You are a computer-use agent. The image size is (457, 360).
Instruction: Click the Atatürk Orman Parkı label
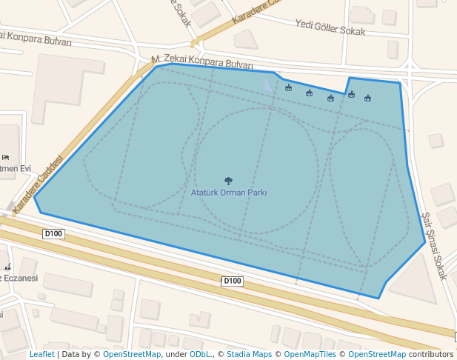point(229,193)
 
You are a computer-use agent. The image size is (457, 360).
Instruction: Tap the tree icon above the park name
point(228,181)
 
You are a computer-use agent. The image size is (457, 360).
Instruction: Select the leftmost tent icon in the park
point(288,88)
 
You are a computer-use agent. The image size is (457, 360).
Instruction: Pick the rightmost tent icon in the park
point(367,99)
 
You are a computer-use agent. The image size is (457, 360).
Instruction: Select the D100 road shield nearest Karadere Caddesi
point(53,234)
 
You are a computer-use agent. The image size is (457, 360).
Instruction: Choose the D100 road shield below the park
point(233,281)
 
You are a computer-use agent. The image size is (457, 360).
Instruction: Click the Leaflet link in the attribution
point(42,355)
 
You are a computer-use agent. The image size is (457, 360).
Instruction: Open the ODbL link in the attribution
point(201,355)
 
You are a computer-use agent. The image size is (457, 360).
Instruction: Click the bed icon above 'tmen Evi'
point(6,157)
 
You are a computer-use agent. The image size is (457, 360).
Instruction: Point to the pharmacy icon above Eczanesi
point(7,267)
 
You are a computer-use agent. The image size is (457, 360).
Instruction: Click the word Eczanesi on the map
point(20,278)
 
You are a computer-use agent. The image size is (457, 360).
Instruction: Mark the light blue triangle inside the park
point(267,84)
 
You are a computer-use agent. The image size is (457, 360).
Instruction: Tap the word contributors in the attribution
point(430,355)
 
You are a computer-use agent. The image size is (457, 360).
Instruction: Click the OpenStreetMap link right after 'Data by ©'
point(132,355)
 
